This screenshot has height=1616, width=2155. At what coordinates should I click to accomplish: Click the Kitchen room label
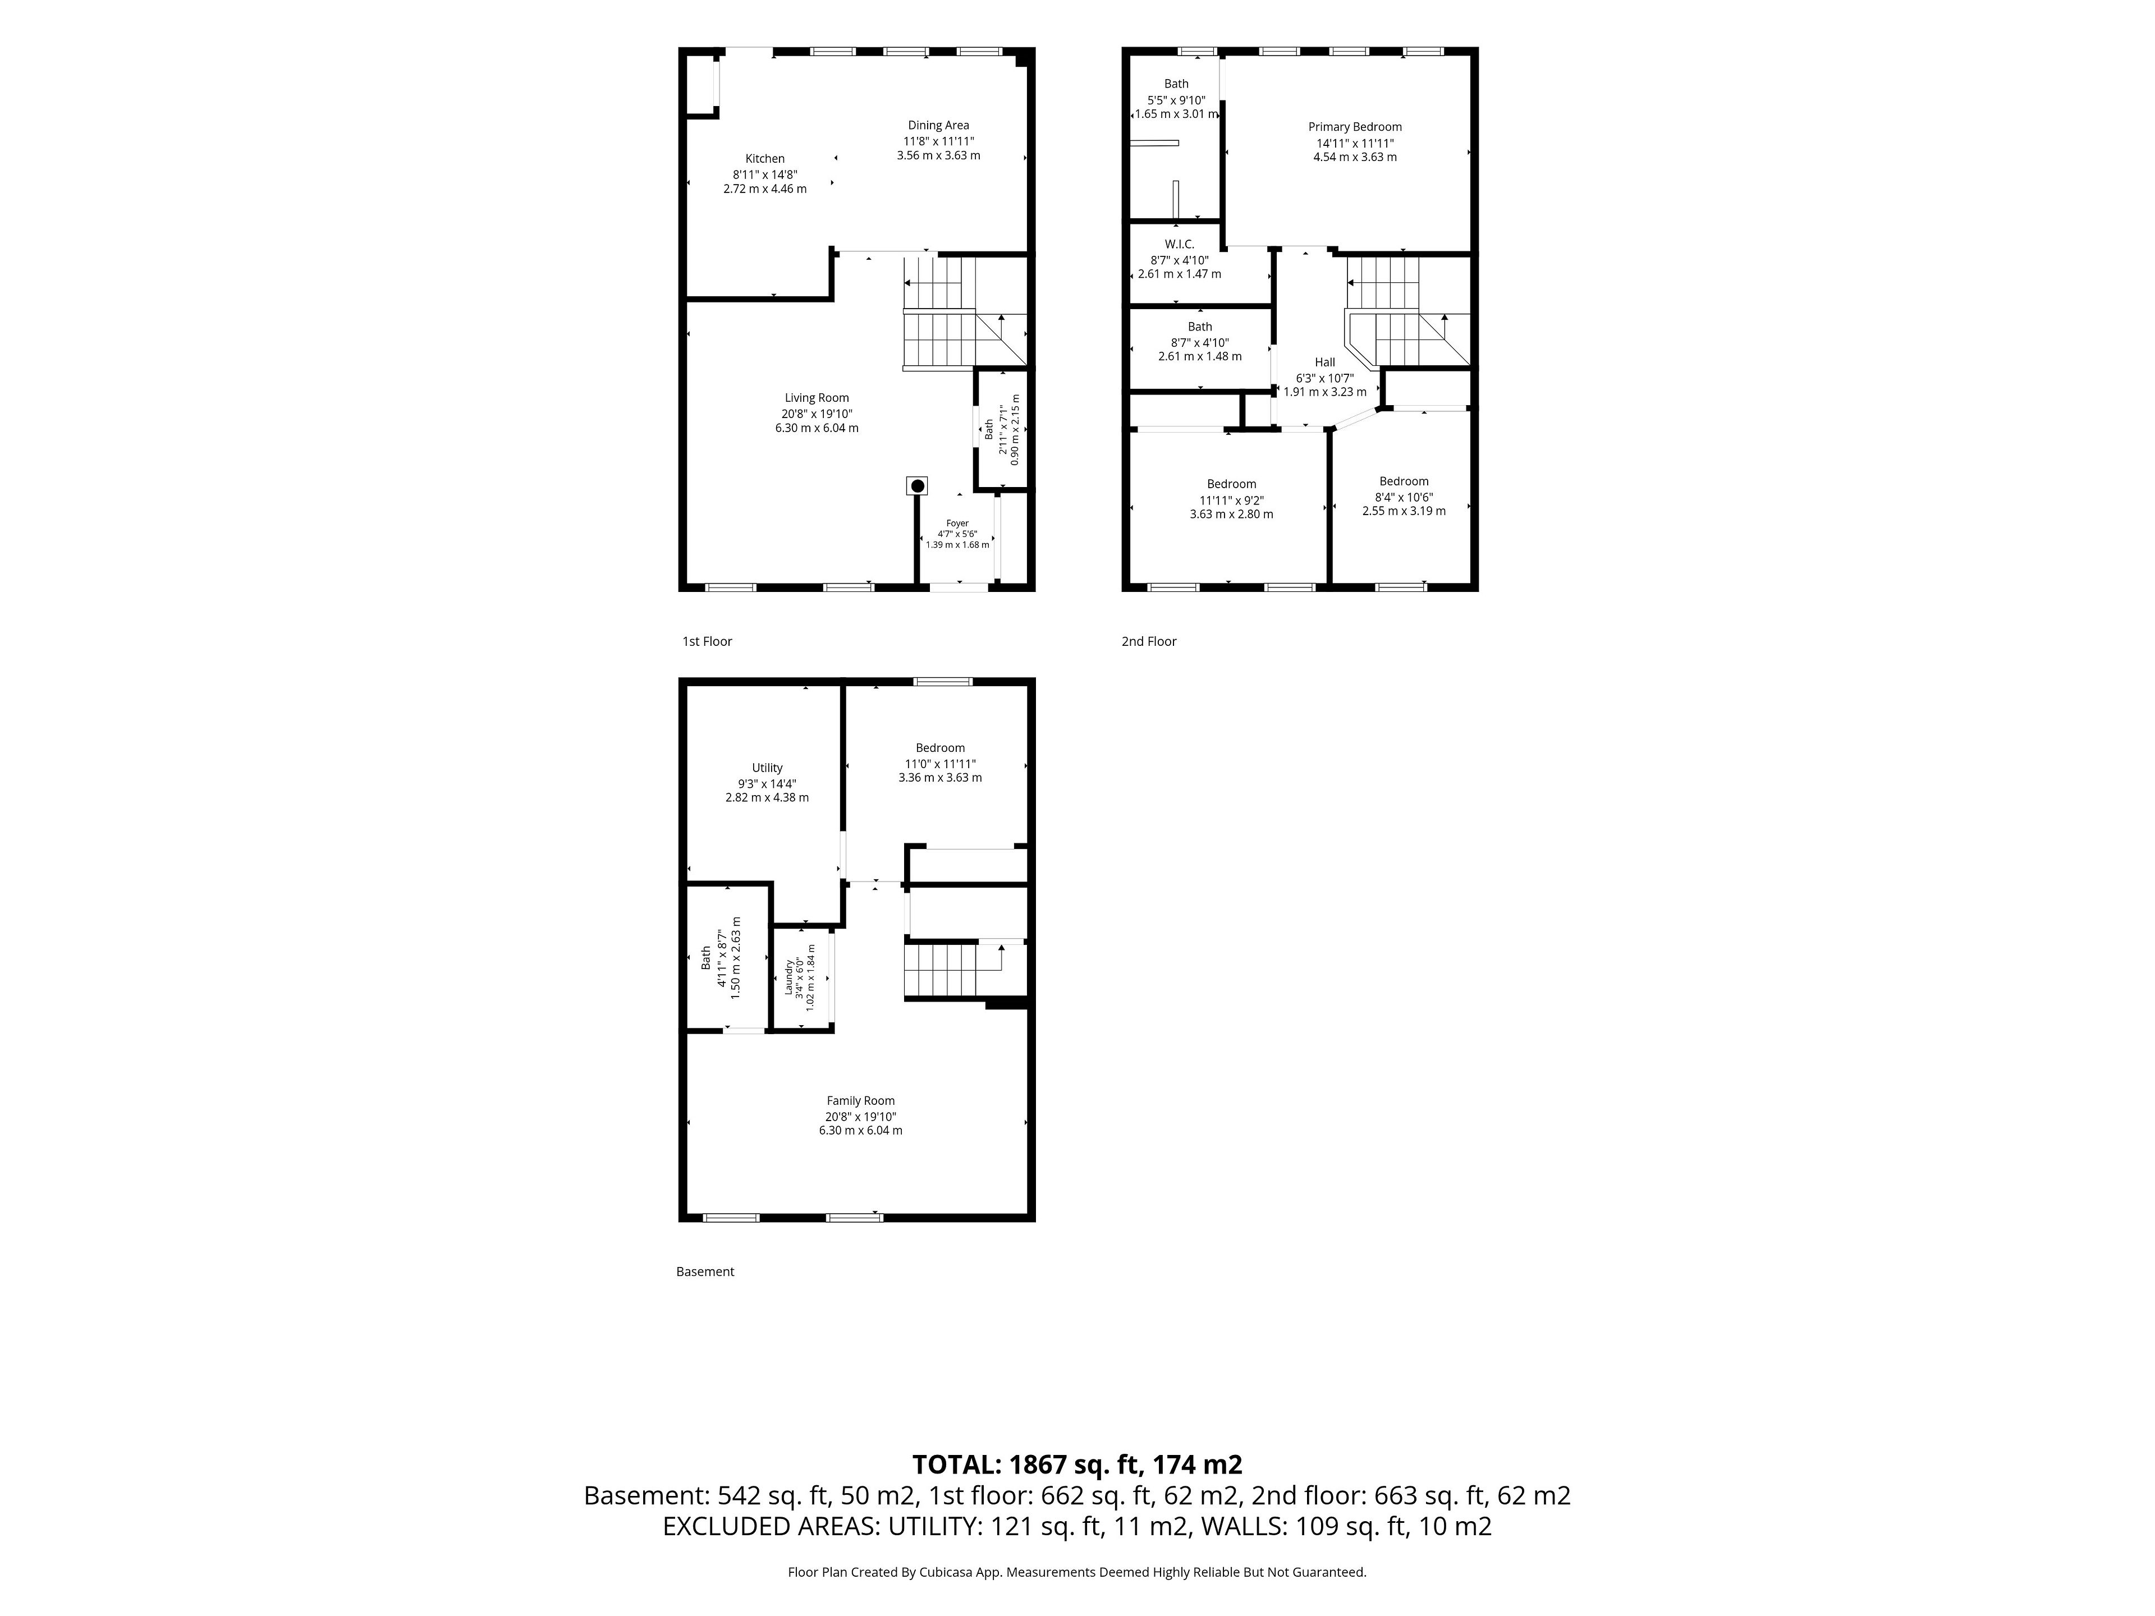tap(765, 159)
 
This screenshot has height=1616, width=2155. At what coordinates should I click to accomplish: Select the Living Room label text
tap(817, 397)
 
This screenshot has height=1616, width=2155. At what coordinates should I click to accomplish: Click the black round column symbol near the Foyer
tap(917, 485)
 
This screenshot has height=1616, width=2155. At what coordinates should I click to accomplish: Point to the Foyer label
tap(957, 523)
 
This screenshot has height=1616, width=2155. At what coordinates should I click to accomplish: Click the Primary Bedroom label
tap(1354, 127)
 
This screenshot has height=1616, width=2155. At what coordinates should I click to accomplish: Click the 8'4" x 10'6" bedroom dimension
tap(1404, 496)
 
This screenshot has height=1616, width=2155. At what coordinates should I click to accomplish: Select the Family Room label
tap(860, 1101)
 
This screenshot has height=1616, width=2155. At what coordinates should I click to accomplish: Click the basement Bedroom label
tap(940, 748)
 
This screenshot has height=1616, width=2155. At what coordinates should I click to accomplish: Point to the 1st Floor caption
tap(707, 641)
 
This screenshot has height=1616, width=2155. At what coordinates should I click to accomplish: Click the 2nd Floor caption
tap(1149, 641)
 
